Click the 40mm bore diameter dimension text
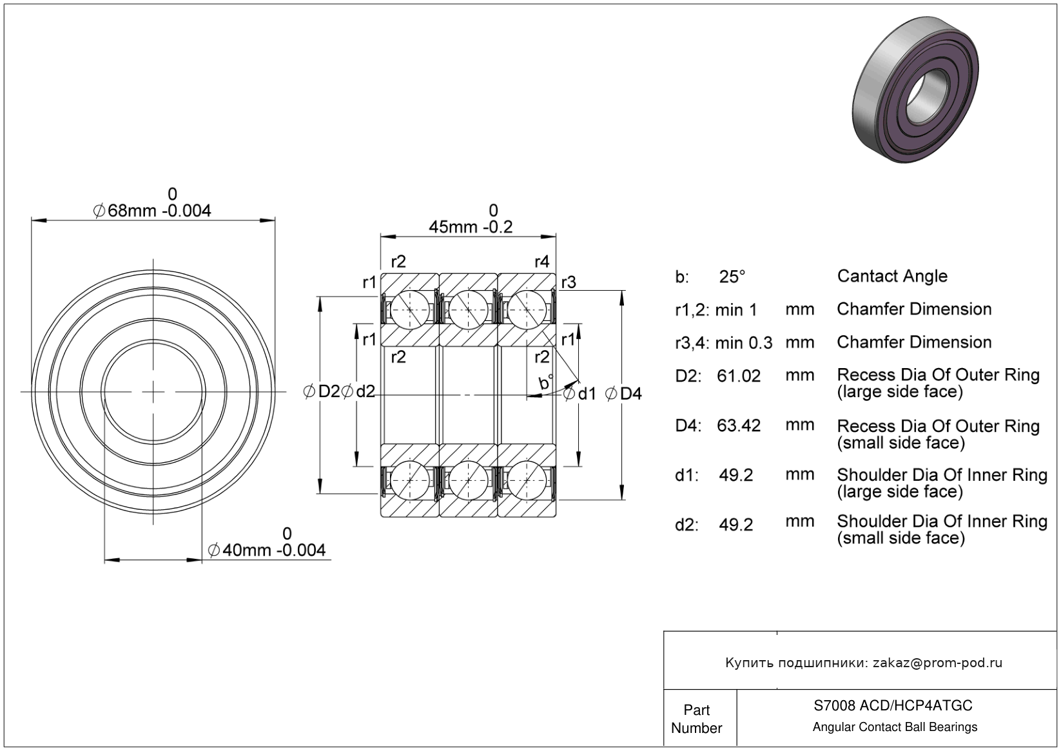click(267, 550)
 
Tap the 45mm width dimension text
click(471, 228)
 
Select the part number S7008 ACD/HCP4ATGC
click(893, 705)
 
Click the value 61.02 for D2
click(739, 376)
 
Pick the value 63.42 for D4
click(739, 425)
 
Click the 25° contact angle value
click(732, 277)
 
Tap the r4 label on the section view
click(542, 262)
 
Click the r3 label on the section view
click(569, 282)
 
